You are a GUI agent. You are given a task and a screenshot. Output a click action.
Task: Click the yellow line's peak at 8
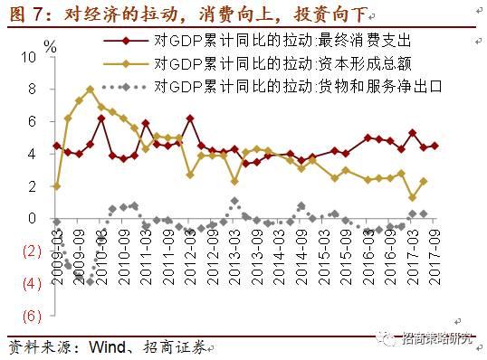click(91, 89)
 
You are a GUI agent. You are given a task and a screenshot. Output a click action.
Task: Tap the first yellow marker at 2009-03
click(57, 186)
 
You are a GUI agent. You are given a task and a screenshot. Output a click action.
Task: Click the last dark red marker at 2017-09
click(434, 146)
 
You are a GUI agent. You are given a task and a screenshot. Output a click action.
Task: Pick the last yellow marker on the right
click(424, 181)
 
